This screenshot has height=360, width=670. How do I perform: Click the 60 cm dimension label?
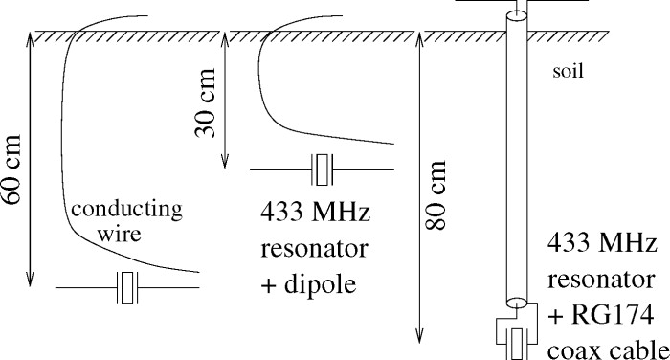pyautogui.click(x=11, y=169)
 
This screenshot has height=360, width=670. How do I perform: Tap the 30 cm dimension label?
pyautogui.click(x=205, y=103)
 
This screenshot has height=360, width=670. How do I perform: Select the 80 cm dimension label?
pyautogui.click(x=435, y=195)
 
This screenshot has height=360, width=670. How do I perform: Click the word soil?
pyautogui.click(x=568, y=71)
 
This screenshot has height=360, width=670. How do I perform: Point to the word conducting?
pyautogui.click(x=126, y=211)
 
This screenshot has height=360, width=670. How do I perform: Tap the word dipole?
pyautogui.click(x=320, y=284)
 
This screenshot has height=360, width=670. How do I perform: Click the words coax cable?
pyautogui.click(x=608, y=350)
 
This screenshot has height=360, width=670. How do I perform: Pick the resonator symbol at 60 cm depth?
pyautogui.click(x=127, y=287)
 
